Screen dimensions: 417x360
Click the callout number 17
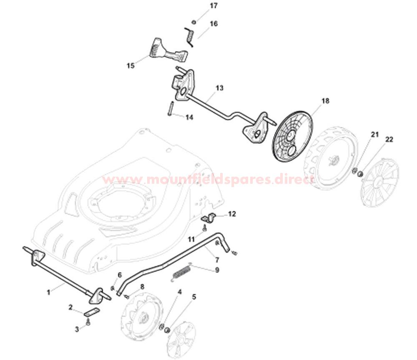214,5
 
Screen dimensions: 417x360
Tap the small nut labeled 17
194,22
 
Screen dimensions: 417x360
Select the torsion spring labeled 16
189,37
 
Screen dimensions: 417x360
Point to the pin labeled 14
171,109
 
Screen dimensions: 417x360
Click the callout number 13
220,88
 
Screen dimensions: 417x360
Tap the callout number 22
389,139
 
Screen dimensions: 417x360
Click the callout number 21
375,135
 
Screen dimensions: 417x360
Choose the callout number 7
217,260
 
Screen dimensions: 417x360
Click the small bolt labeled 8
126,295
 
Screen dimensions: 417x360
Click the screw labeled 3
88,322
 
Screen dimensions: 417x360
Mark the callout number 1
49,292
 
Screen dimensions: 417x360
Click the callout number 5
194,297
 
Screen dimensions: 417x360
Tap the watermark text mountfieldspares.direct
208,179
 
